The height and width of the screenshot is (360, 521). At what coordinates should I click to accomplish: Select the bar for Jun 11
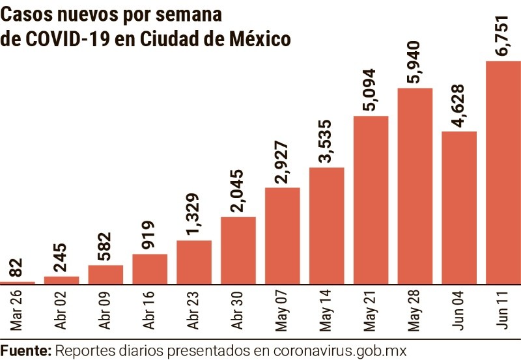click(503, 173)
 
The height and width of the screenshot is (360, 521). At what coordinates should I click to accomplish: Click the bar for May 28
click(415, 186)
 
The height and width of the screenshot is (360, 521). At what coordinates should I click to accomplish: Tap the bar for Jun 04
click(459, 208)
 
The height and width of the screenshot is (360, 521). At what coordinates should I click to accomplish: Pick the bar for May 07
click(282, 236)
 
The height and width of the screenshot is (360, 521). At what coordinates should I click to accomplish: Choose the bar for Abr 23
click(193, 262)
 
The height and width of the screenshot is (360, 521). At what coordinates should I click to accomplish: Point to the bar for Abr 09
click(106, 274)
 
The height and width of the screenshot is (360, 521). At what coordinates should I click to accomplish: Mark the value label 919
click(149, 232)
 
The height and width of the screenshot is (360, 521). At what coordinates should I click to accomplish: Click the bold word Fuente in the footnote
click(26, 350)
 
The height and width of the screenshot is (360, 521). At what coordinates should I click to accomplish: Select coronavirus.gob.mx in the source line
click(339, 350)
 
